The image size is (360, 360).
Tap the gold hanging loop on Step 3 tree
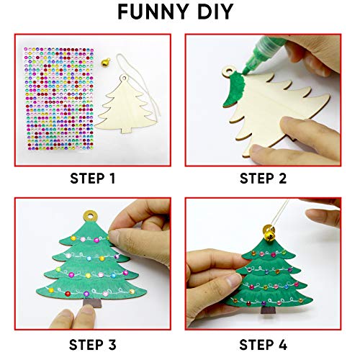(x=92, y=215)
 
